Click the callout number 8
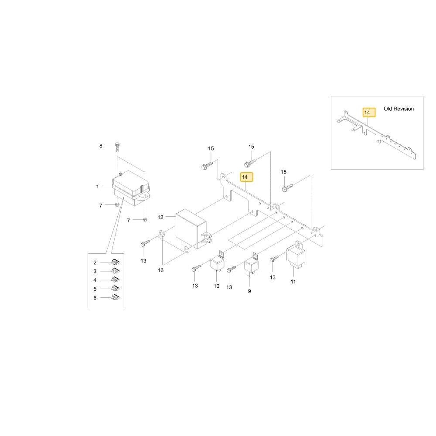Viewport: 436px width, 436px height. [x=101, y=146]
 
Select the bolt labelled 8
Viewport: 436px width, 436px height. [x=117, y=147]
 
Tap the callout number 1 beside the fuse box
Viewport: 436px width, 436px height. [x=97, y=186]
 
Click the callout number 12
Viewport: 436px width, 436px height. [x=160, y=217]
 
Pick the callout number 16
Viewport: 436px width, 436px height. [x=161, y=270]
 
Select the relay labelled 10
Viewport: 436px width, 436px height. [x=217, y=262]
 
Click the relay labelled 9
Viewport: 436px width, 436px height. [x=252, y=264]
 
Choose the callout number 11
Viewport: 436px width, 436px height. [x=293, y=282]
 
